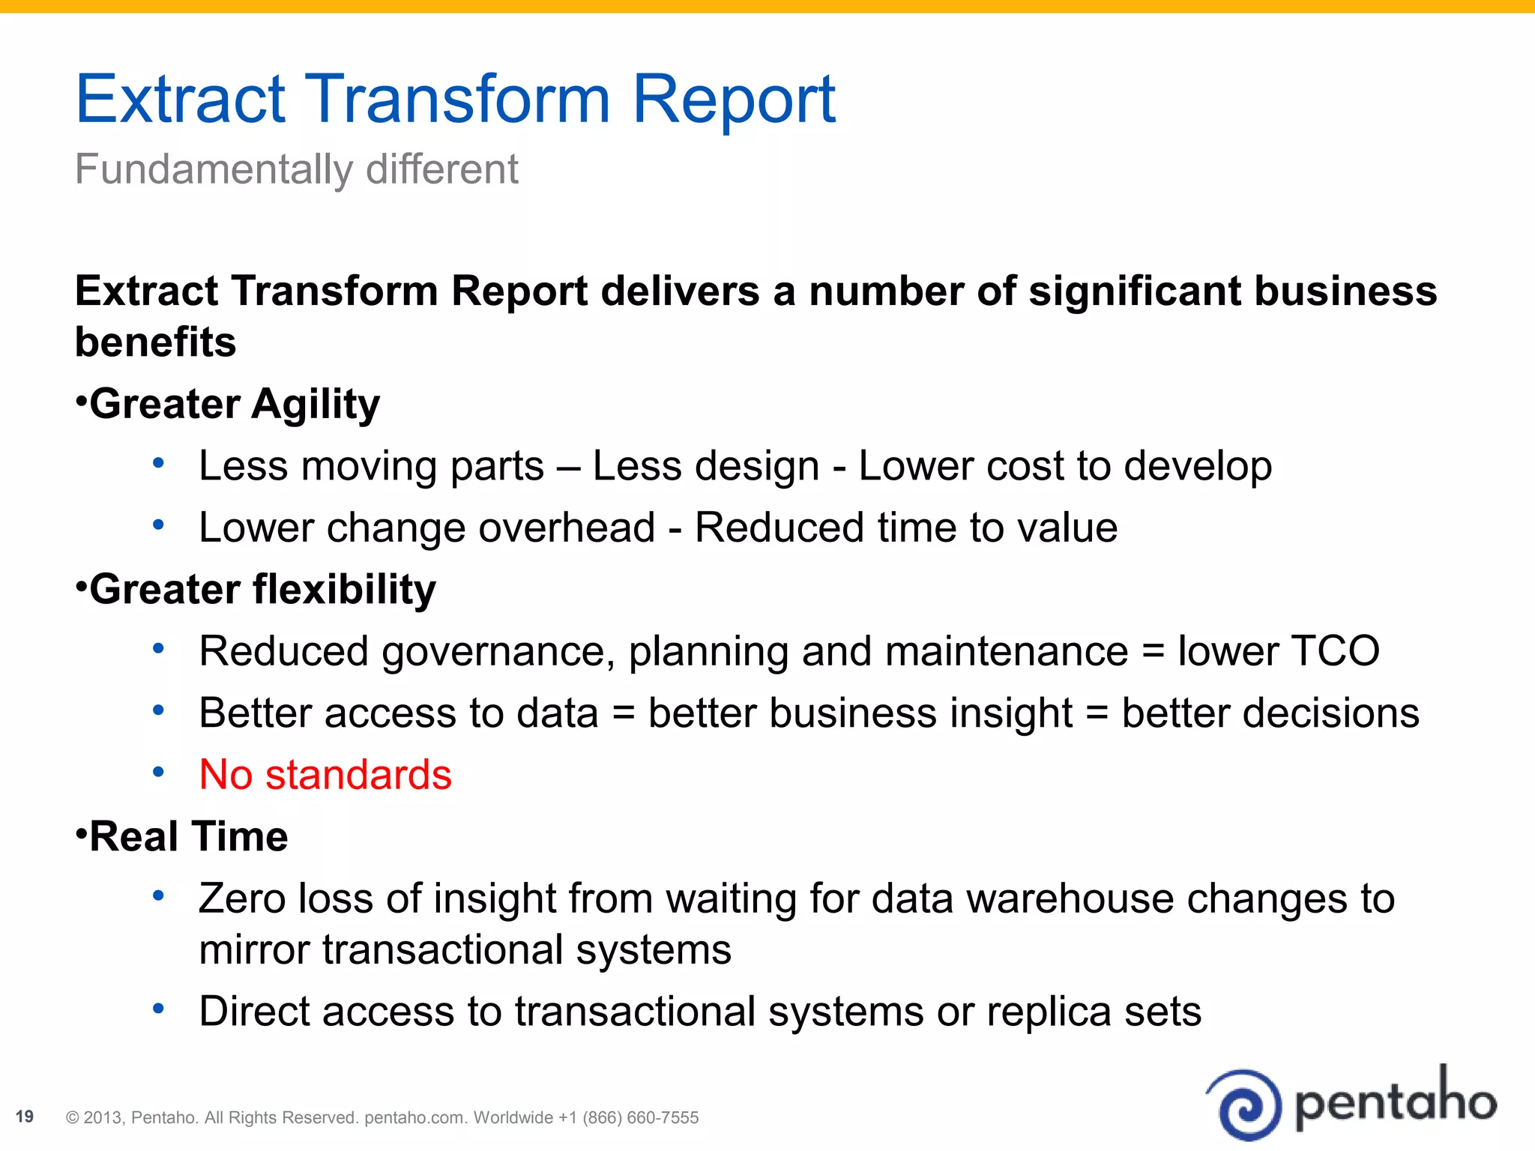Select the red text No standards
[x=325, y=775]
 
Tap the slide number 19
[x=25, y=1117]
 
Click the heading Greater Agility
[x=235, y=405]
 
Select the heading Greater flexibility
[x=262, y=590]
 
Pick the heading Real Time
[x=189, y=837]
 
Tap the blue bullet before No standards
[x=158, y=772]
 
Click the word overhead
[x=567, y=528]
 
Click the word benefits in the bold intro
[x=156, y=342]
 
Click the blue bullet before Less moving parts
[x=158, y=463]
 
